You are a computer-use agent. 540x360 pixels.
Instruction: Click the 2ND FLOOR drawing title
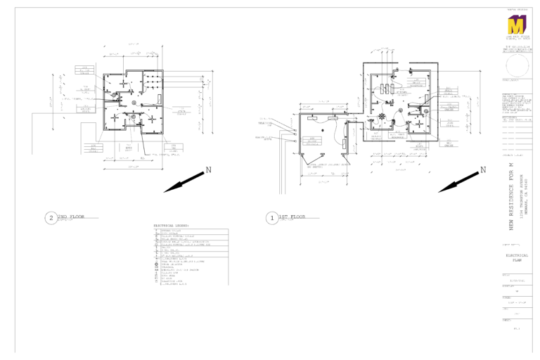tap(70, 217)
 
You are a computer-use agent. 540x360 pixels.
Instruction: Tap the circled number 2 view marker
tap(50, 218)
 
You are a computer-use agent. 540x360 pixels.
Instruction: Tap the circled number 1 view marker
tap(271, 218)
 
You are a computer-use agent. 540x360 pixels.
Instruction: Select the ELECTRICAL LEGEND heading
tap(172, 226)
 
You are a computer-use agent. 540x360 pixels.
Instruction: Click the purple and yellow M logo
tap(517, 26)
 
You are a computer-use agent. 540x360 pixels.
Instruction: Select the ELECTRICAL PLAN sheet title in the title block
tap(517, 258)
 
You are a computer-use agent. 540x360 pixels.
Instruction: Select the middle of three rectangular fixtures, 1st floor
tap(385, 89)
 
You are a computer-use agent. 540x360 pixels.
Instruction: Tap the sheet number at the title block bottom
tap(517, 328)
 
